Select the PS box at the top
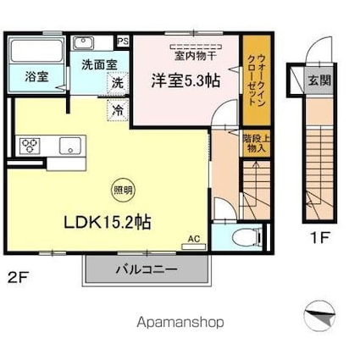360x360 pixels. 123,40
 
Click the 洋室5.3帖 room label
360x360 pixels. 186,82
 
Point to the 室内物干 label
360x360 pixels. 196,57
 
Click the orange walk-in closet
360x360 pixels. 252,80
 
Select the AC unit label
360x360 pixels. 193,240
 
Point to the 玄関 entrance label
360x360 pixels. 318,80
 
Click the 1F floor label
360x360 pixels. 318,239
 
